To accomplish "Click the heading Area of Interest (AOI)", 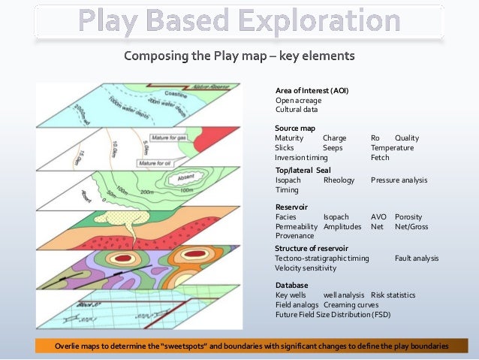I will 312,90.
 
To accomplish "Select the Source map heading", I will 295,129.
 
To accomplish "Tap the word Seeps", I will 333,148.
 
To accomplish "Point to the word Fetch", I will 380,158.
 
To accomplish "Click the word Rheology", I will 339,180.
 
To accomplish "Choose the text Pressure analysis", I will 399,180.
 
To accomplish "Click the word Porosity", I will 408,216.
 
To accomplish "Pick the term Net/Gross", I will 411,226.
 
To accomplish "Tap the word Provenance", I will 294,236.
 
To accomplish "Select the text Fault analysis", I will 417,258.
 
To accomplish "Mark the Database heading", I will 292,286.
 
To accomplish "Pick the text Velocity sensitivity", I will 306,268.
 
